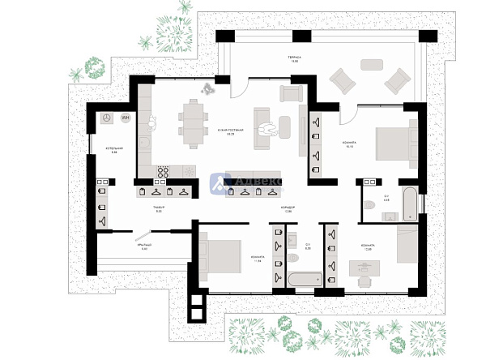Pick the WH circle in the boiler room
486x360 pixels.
coord(125,118)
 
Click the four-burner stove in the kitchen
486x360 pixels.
coord(163,172)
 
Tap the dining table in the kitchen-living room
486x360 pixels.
coord(192,123)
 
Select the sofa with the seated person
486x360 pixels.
coord(264,127)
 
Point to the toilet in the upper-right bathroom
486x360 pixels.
coord(369,204)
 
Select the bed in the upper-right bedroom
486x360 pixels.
coord(395,143)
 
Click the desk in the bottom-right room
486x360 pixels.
coord(365,267)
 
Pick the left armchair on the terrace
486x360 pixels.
coord(342,82)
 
